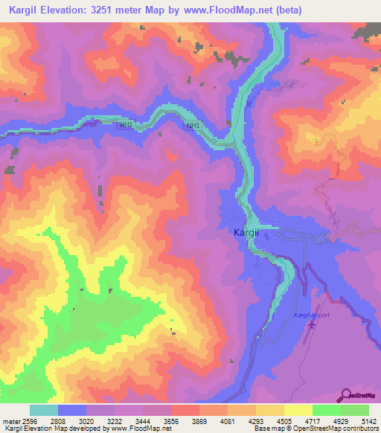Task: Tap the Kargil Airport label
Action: [311, 316]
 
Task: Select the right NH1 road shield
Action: [193, 126]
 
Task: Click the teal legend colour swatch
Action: [43, 410]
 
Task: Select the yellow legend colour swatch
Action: [298, 410]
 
